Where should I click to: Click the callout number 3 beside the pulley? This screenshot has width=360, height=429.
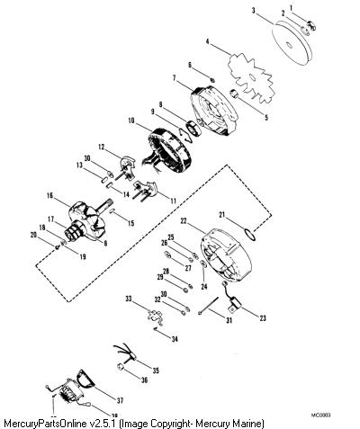click(254, 11)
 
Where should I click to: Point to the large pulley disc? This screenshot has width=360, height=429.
click(292, 43)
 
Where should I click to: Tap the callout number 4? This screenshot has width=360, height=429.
click(207, 41)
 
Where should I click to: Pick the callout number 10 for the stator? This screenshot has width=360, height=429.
click(131, 121)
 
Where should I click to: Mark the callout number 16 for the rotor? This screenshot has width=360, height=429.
click(49, 196)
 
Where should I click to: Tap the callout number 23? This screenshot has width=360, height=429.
click(263, 318)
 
